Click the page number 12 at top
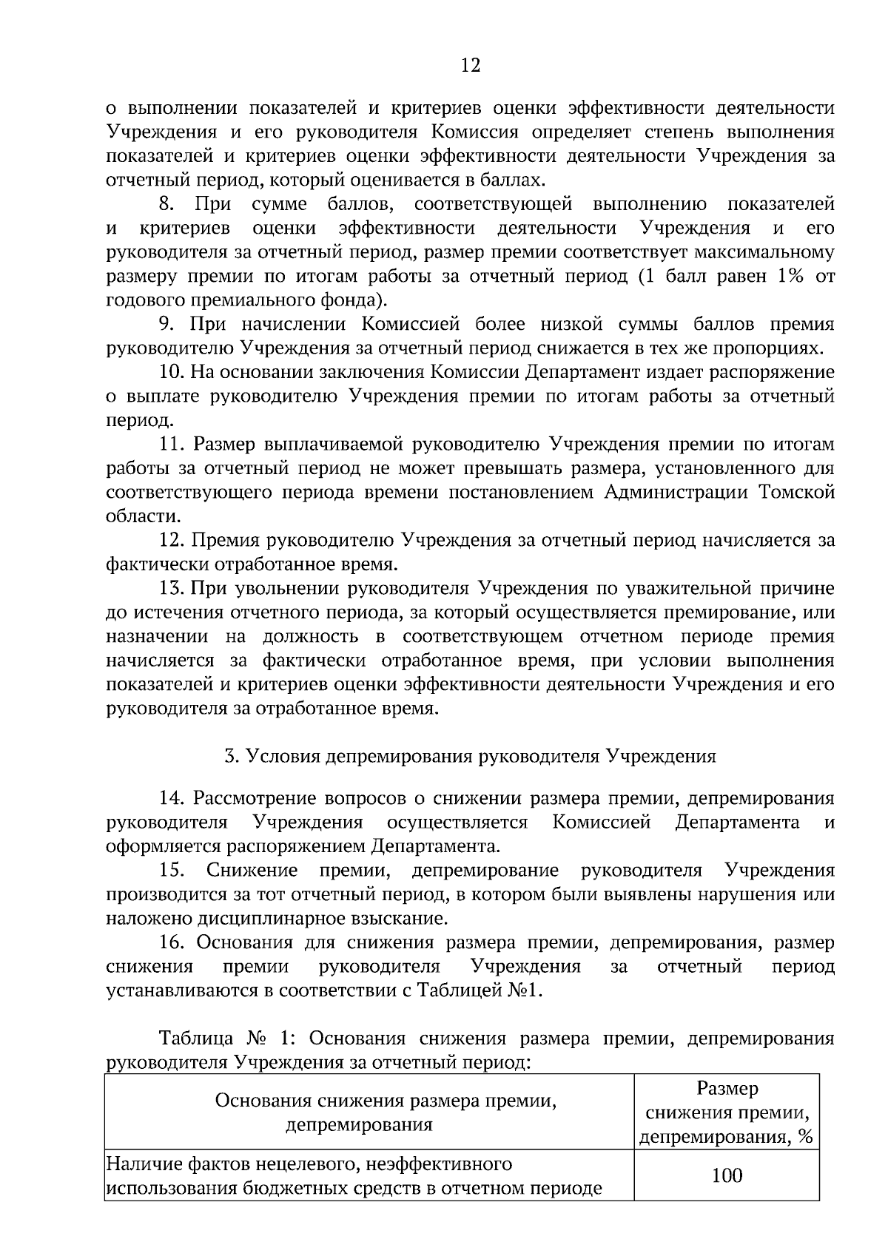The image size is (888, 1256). pyautogui.click(x=471, y=66)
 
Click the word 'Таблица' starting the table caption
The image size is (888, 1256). pyautogui.click(x=192, y=1039)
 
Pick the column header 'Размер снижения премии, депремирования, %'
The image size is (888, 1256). pyautogui.click(x=727, y=1113)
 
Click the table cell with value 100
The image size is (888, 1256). pyautogui.click(x=727, y=1175)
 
